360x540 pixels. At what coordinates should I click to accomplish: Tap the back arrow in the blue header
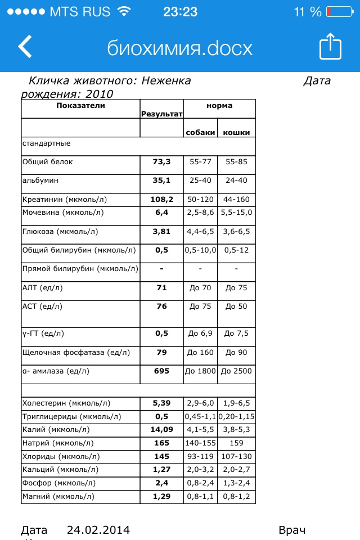click(x=25, y=47)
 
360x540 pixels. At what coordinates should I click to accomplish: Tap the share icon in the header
click(x=330, y=47)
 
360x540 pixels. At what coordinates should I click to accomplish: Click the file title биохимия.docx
click(x=180, y=48)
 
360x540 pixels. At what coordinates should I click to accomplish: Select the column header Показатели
click(x=80, y=105)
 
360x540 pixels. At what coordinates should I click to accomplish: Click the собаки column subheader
click(x=200, y=132)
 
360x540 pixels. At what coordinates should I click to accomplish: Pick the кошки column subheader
click(x=236, y=132)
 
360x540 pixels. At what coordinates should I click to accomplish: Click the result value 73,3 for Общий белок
click(x=161, y=162)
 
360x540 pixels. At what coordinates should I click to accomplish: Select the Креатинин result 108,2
click(x=161, y=199)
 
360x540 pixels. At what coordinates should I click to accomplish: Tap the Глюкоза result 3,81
click(x=161, y=231)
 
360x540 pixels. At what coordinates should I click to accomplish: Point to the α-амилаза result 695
click(x=161, y=371)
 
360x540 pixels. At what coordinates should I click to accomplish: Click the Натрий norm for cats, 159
click(x=236, y=443)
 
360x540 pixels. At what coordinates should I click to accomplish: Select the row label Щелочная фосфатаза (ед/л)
click(x=76, y=353)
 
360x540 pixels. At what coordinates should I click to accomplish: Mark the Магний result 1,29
click(x=161, y=497)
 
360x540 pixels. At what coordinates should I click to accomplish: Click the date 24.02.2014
click(x=98, y=530)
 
